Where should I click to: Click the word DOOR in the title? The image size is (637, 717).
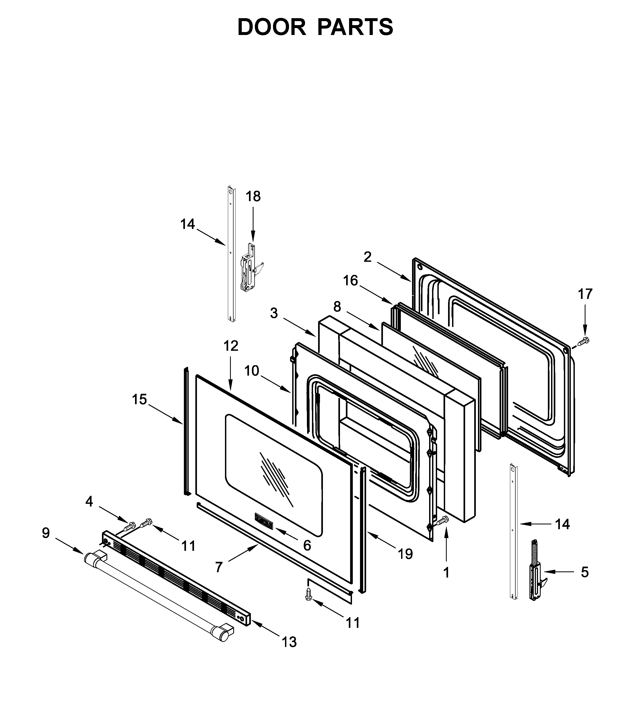tap(272, 27)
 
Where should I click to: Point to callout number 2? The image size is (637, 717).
tap(367, 257)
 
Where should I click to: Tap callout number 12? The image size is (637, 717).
tap(231, 346)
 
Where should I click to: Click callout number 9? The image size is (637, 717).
tap(46, 533)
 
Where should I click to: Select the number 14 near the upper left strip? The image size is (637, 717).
tap(187, 224)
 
